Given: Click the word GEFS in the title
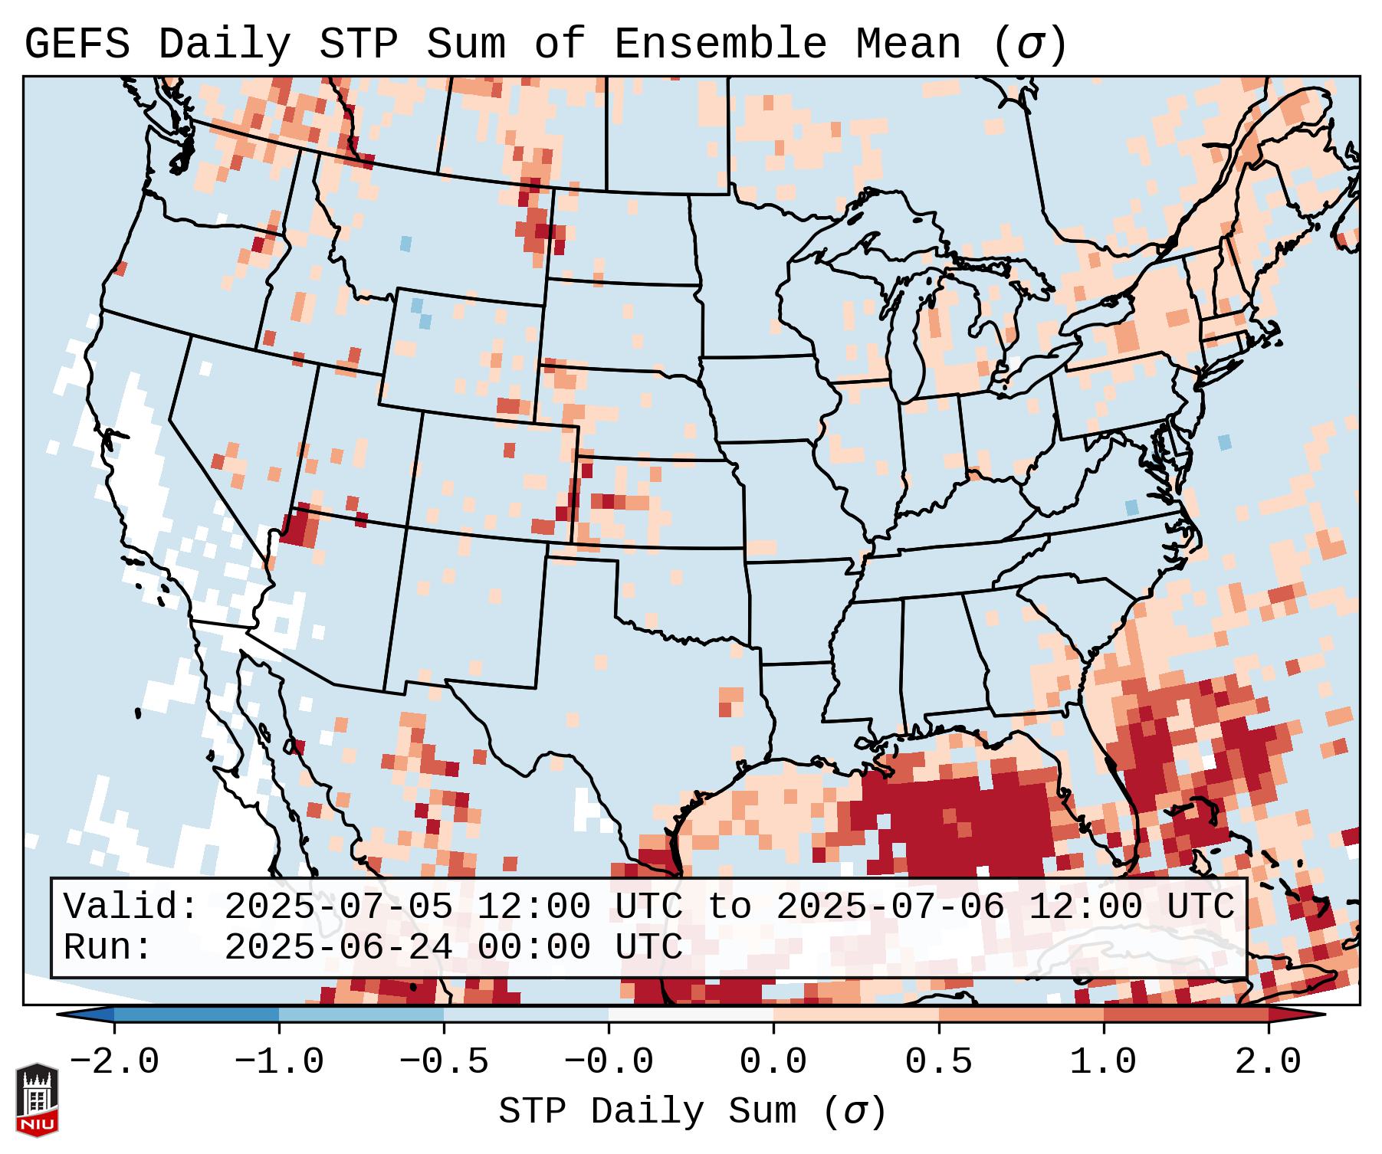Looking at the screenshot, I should (x=77, y=44).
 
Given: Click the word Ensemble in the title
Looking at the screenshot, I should (x=721, y=44).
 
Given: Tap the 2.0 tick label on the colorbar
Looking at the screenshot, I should (x=1268, y=1062).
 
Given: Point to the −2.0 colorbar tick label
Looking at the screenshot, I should (x=114, y=1062).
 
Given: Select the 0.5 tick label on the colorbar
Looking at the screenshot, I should (x=938, y=1062).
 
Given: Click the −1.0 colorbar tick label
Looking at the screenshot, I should (x=279, y=1062).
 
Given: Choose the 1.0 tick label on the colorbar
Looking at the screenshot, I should (x=1103, y=1062).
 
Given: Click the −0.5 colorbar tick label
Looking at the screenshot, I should (x=444, y=1062).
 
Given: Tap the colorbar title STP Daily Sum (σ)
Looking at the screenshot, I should (x=692, y=1111).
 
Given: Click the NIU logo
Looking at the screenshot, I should (x=37, y=1100).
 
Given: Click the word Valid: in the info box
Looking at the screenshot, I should (x=131, y=907).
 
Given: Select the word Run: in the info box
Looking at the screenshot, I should (x=108, y=948).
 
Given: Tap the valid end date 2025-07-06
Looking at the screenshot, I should (x=890, y=907).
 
